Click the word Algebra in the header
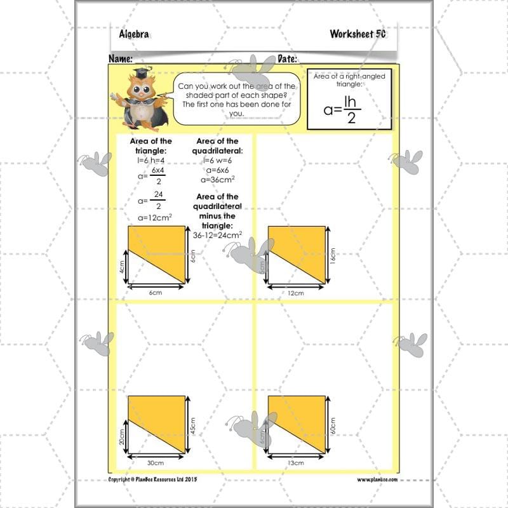coord(134,34)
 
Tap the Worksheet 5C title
coord(358,34)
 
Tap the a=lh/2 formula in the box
coord(349,106)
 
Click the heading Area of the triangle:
coord(151,145)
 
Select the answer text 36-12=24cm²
coord(217,234)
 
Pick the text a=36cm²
coord(217,180)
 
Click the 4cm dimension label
coord(121,269)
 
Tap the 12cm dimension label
coord(295,293)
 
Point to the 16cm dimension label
coord(332,255)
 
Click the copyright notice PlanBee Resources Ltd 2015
coord(152,479)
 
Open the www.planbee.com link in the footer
coord(377,479)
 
